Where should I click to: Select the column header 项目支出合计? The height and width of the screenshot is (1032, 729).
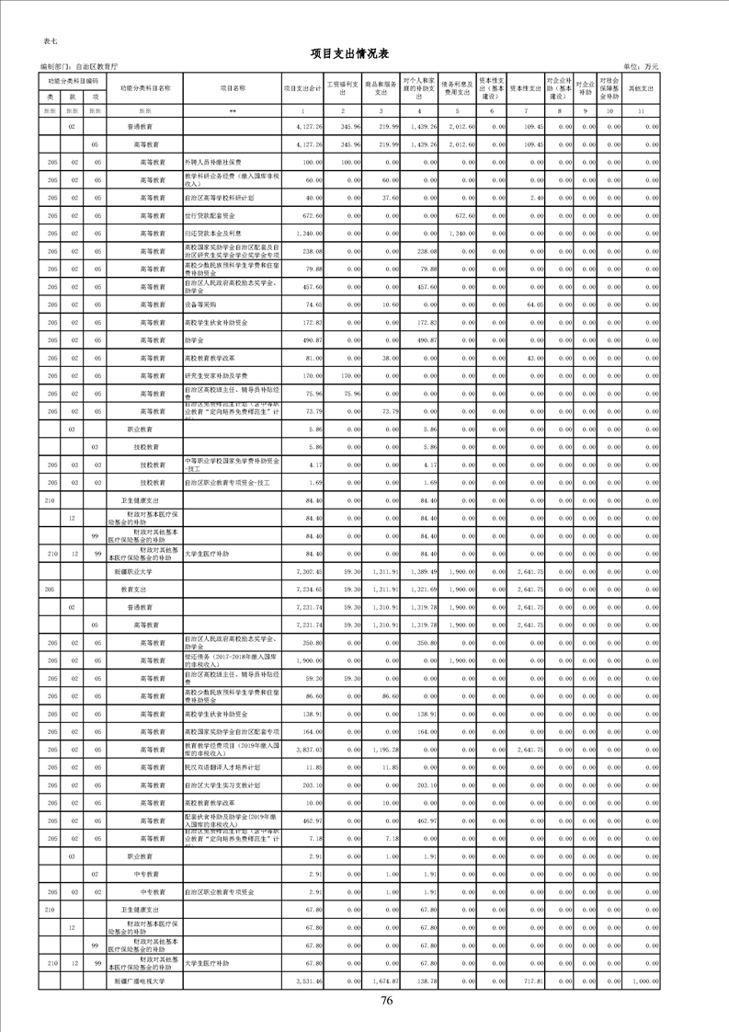click(302, 88)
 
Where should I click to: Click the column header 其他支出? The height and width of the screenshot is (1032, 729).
click(641, 88)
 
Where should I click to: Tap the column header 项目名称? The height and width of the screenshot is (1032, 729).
click(233, 88)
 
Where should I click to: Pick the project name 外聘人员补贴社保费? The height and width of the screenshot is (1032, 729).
click(215, 162)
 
